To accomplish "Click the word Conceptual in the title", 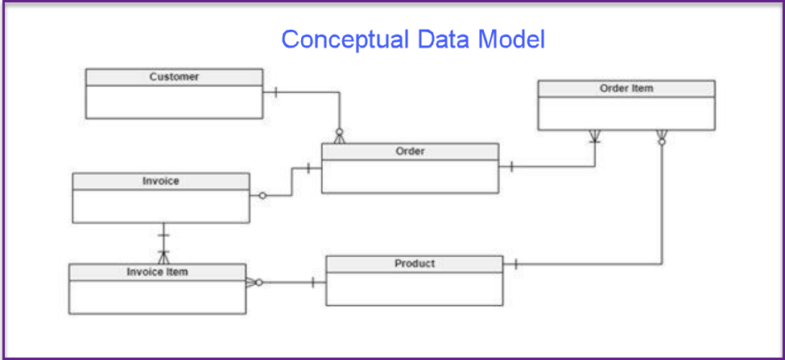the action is tap(345, 39).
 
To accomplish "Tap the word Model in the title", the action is tap(510, 39).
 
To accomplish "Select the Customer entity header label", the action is tap(174, 77).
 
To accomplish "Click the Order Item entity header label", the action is tap(626, 88).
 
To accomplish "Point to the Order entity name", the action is tap(410, 151).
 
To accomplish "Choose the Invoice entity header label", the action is tap(161, 180).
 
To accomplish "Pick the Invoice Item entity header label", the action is tap(157, 272).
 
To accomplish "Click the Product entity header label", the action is tap(415, 263).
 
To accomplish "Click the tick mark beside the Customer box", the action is tap(276, 92).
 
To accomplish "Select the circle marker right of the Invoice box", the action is tap(262, 196).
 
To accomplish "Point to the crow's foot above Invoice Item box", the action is tap(163, 256).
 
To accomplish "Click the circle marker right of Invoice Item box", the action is tap(258, 283).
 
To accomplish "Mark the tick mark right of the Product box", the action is tap(515, 264).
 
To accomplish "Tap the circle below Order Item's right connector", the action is tap(662, 143).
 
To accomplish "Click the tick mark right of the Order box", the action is tap(511, 167).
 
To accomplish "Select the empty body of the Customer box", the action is tap(174, 101).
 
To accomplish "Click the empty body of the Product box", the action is tap(414, 289).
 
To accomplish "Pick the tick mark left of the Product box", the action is tap(313, 283).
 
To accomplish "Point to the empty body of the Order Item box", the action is tap(626, 114).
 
